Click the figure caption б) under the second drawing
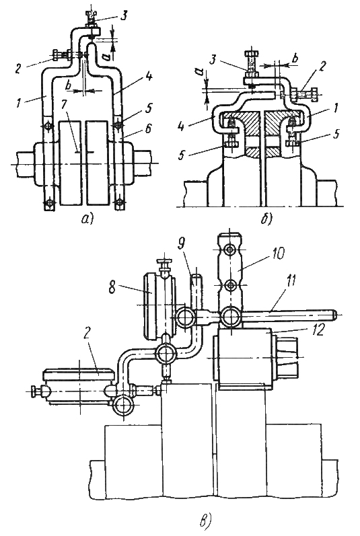point(265,219)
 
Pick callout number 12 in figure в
point(317,331)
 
